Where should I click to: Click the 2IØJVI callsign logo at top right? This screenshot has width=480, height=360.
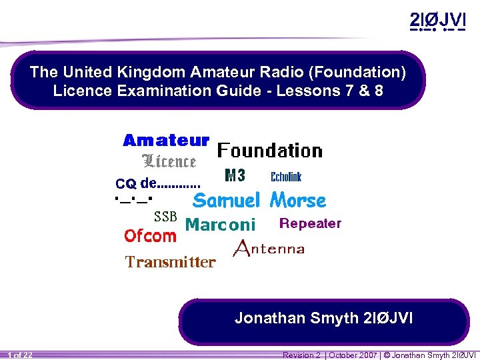coord(437,21)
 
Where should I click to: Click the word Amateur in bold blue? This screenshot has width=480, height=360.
coord(166,141)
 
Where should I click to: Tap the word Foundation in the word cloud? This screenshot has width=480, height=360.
coord(270,151)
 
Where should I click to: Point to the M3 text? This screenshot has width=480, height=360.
coord(235,176)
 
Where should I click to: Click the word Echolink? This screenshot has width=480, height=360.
coord(286,177)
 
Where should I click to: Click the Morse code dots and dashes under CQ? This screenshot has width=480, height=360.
coord(134,198)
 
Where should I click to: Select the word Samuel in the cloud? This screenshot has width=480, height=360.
coord(226,201)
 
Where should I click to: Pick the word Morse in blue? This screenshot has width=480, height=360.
coord(297,201)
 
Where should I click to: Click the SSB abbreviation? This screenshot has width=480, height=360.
coord(165,217)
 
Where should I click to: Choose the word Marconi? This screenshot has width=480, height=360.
coord(220,225)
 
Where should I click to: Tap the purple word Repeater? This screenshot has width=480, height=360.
coord(310,223)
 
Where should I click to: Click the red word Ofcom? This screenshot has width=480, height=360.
coord(150,236)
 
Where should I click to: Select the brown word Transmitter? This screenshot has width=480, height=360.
coord(171,262)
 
